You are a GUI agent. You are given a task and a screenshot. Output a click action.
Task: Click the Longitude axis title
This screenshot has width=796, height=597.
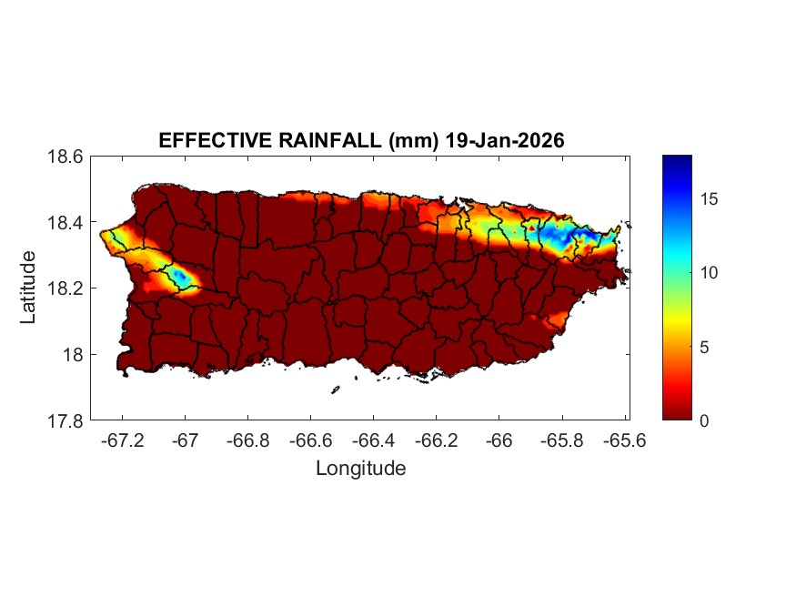click(360, 469)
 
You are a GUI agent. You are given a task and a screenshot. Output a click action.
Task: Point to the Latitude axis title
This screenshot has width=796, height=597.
click(28, 288)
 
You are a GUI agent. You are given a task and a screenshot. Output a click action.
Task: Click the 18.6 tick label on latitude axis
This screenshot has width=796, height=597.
click(65, 157)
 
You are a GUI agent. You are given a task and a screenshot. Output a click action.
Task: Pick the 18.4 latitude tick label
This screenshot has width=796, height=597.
click(65, 223)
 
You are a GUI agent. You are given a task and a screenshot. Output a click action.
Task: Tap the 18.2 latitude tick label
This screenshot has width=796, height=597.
click(65, 288)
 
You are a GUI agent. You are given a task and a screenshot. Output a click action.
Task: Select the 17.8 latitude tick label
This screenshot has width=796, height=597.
click(65, 420)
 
